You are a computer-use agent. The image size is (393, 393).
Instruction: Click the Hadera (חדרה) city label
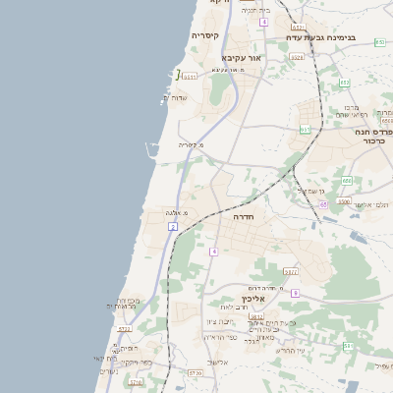point(244,216)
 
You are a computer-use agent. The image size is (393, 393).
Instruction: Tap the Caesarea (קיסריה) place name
point(204,36)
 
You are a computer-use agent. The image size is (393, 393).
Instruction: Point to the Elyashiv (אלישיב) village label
point(217,362)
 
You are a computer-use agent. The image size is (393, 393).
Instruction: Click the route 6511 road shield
point(190,75)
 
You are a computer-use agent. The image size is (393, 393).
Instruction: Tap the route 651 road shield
point(305,129)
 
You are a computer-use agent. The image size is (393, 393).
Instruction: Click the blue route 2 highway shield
point(173,226)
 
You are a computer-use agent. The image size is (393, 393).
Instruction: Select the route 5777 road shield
point(290,271)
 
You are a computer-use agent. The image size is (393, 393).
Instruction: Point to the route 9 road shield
point(295,293)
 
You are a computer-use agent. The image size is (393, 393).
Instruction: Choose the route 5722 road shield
point(125,329)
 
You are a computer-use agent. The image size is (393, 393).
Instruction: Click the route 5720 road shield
point(195,372)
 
